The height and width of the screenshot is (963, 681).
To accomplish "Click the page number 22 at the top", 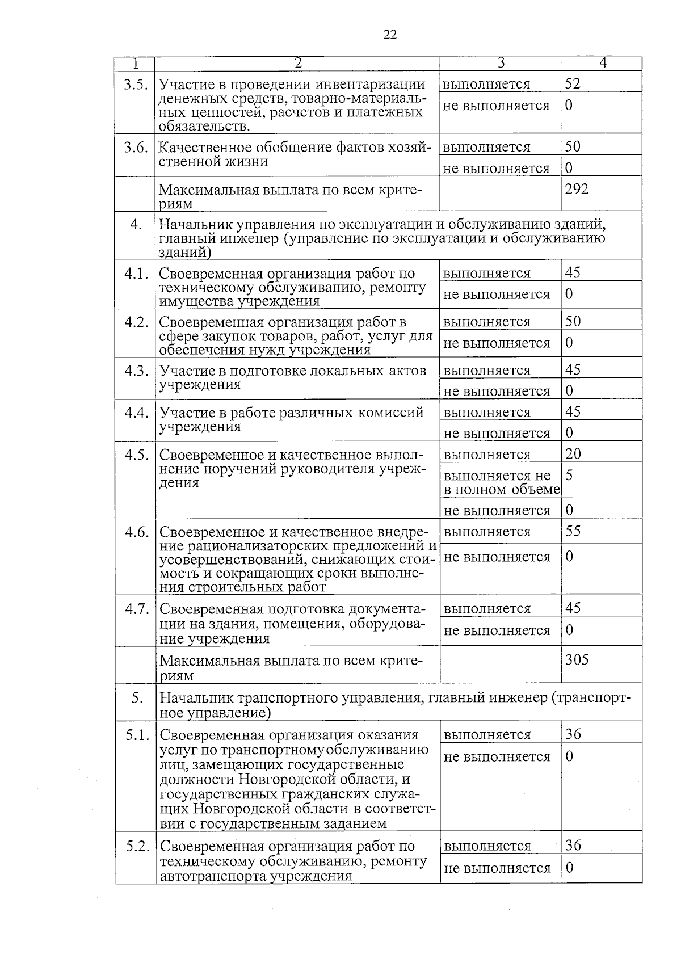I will [x=390, y=35].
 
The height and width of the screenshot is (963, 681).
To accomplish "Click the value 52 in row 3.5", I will [x=573, y=83].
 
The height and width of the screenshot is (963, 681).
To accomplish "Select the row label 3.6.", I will [x=136, y=148].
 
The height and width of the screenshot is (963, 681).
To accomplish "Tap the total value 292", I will [x=577, y=189].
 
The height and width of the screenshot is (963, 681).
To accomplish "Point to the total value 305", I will [x=577, y=659].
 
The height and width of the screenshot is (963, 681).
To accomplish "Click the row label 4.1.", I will [x=137, y=274].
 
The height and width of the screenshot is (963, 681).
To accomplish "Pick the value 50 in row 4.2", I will [x=573, y=321].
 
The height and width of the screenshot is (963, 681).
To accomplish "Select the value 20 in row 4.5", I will [x=573, y=453].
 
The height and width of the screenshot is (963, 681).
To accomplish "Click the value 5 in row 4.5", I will [x=569, y=475].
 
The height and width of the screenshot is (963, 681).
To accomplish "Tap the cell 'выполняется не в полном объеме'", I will [x=501, y=482].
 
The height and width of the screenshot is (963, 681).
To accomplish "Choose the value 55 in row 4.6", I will [x=573, y=531].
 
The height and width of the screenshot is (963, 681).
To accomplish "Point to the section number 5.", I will [x=137, y=698].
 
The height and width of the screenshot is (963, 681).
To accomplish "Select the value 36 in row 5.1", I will [x=573, y=734].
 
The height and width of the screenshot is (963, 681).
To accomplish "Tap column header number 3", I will [x=501, y=63].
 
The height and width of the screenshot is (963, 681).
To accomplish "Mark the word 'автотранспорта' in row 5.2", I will [x=213, y=876].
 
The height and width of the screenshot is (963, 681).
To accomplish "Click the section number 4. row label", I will [x=136, y=225].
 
